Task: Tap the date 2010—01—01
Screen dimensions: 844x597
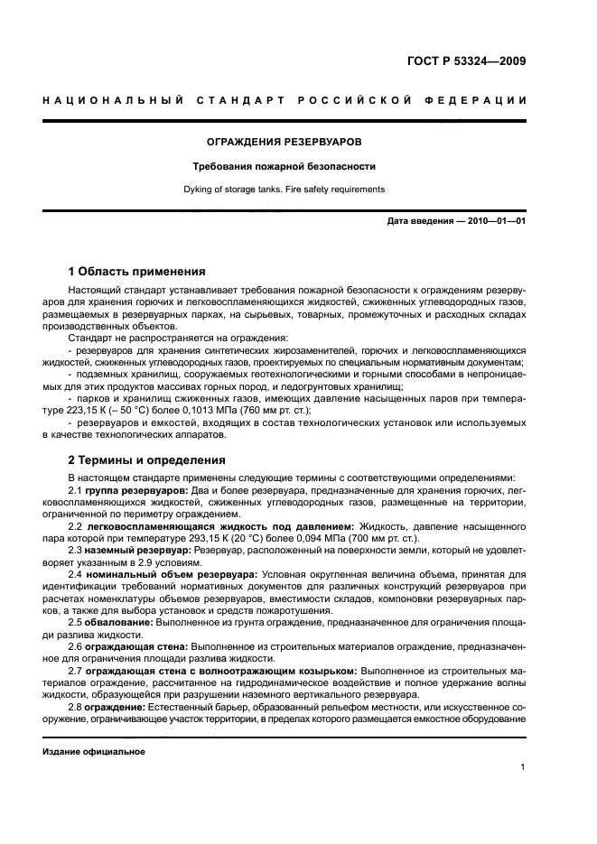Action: click(496, 221)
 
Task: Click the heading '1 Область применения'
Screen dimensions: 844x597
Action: click(136, 271)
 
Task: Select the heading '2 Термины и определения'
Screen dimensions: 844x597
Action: click(147, 459)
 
